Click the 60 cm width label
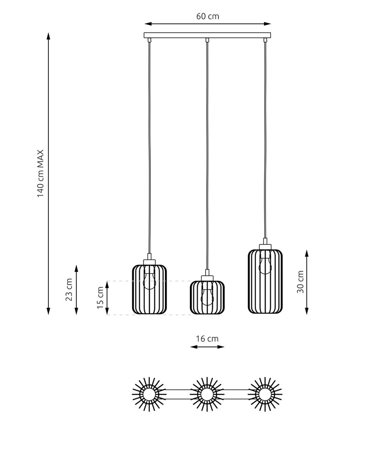tap(208, 16)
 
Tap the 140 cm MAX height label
tap(41, 173)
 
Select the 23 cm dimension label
tap(69, 290)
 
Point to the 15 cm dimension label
tap(100, 297)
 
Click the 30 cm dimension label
tap(300, 282)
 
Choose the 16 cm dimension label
tap(207, 339)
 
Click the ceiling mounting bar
tap(207, 35)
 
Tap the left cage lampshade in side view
tap(149, 289)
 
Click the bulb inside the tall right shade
tap(265, 264)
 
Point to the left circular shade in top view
tap(149, 394)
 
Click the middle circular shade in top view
tap(207, 394)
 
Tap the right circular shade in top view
tap(265, 394)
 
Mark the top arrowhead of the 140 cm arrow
tap(48, 33)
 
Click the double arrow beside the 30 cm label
tap(307, 282)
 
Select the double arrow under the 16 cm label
tap(207, 347)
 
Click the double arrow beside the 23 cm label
tap(76, 290)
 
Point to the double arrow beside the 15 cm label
tap(107, 298)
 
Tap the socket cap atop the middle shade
tap(207, 278)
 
